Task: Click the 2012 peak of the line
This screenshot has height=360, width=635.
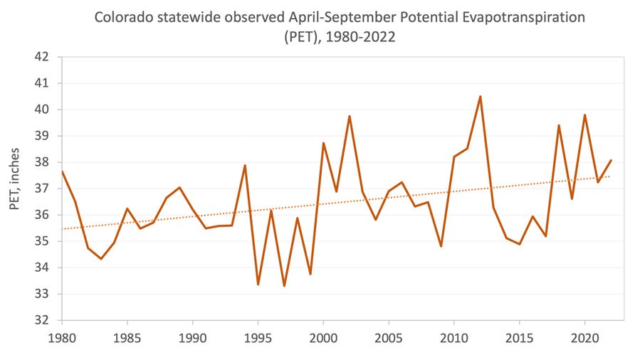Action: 481,96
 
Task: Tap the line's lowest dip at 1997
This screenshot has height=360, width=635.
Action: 284,286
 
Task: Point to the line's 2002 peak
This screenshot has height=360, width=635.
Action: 350,116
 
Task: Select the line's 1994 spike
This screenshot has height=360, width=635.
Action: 245,165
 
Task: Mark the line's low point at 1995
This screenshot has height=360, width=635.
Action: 258,285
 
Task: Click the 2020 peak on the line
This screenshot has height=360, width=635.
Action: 584,115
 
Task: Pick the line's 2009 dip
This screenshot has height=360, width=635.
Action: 441,246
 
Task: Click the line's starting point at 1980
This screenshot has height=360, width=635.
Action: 62,171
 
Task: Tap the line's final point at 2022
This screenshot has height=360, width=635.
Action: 611,160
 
